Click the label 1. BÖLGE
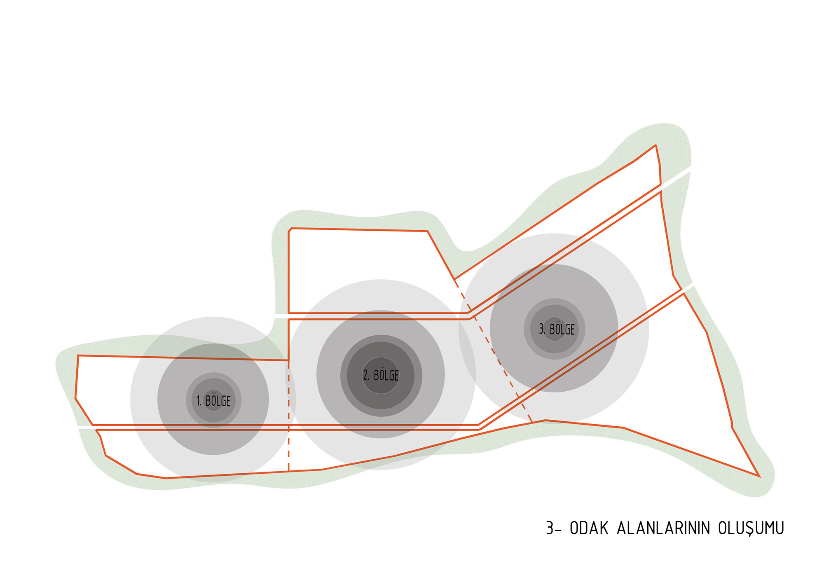pyautogui.click(x=213, y=400)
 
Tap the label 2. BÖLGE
pyautogui.click(x=381, y=375)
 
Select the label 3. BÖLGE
pyautogui.click(x=557, y=329)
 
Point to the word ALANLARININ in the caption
pyautogui.click(x=663, y=528)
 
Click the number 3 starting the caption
pyautogui.click(x=550, y=528)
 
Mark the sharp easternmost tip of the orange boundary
pyautogui.click(x=759, y=477)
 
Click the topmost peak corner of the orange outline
pyautogui.click(x=655, y=145)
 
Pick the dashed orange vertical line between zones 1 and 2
pyautogui.click(x=288, y=416)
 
